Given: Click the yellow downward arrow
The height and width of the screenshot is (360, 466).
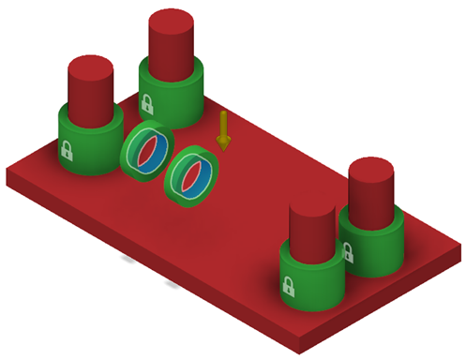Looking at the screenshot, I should pos(223,129).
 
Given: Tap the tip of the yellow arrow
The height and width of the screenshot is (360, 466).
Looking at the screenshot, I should pos(223,148).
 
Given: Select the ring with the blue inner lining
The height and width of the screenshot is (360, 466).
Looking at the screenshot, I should pos(146,149).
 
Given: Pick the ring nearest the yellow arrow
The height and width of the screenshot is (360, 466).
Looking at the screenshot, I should pos(192,175).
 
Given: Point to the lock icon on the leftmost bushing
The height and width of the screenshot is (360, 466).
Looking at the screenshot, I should pos(68,149).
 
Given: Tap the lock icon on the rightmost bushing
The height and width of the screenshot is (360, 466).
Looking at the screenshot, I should pos(348,251).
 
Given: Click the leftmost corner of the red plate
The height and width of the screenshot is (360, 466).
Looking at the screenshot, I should pos(8,173).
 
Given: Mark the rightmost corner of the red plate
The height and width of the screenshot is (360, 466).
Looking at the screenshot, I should pos(460,246).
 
